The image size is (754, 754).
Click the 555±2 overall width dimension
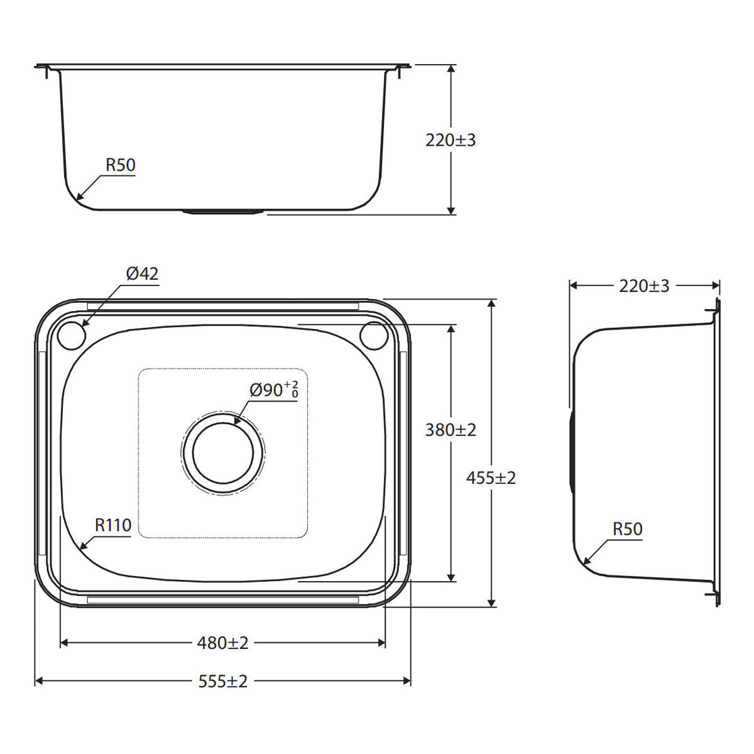222,681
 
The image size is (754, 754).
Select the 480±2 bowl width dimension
222,643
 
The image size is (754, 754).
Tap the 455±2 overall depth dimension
491,478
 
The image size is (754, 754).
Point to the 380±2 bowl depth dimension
451,430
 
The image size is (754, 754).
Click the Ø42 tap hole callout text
142,273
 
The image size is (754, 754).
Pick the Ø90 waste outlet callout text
274,390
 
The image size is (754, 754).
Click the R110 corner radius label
113,525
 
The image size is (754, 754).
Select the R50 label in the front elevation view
120,165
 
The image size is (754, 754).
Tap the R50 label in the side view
627,528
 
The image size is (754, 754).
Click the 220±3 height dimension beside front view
451,140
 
